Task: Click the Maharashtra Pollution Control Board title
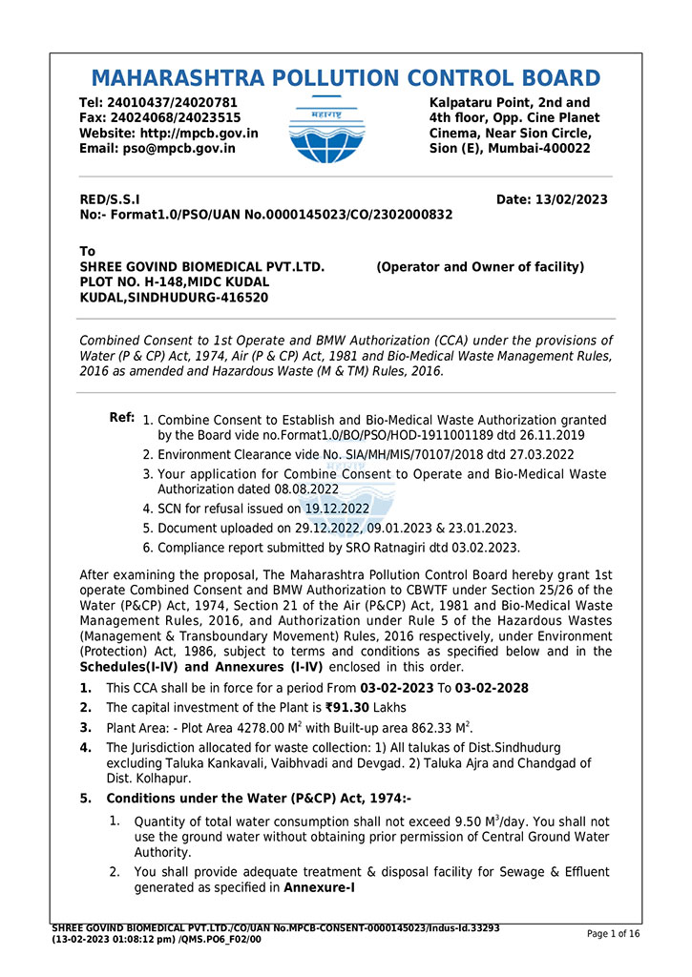346,78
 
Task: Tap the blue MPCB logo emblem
325,130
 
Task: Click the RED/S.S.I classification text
110,199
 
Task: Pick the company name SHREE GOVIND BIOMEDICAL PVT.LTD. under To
202,267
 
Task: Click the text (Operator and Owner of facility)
480,267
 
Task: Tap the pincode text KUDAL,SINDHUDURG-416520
174,298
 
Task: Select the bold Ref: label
121,418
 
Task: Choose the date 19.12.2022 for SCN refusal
337,509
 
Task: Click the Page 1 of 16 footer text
613,934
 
